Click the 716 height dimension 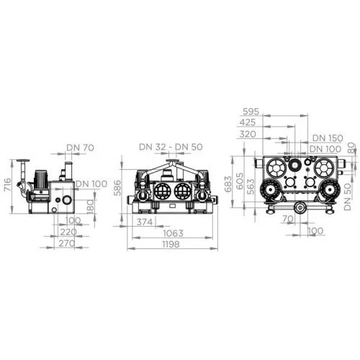tap(8, 185)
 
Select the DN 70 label tap(80, 148)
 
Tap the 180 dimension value tap(90, 207)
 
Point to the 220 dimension tap(68, 232)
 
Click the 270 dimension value tap(67, 243)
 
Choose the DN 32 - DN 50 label tap(171, 147)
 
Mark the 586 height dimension tap(117, 188)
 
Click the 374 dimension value tap(145, 222)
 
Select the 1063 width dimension tap(173, 233)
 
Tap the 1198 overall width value tap(171, 244)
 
